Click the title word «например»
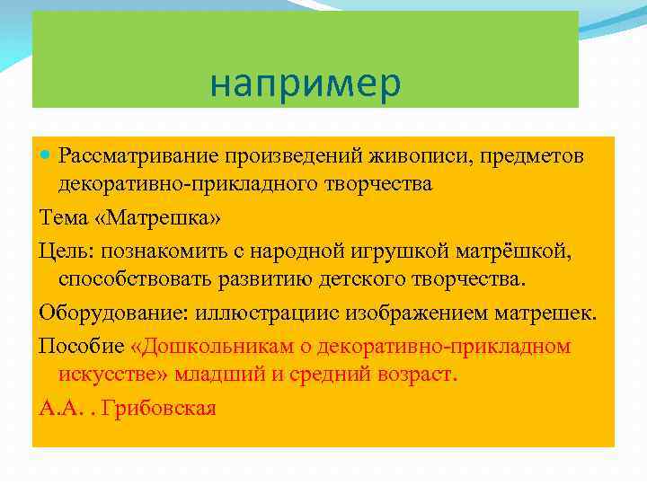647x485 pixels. point(306,84)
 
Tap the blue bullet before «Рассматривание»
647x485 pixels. point(47,156)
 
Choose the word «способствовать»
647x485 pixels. point(136,278)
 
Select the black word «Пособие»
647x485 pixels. point(81,345)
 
